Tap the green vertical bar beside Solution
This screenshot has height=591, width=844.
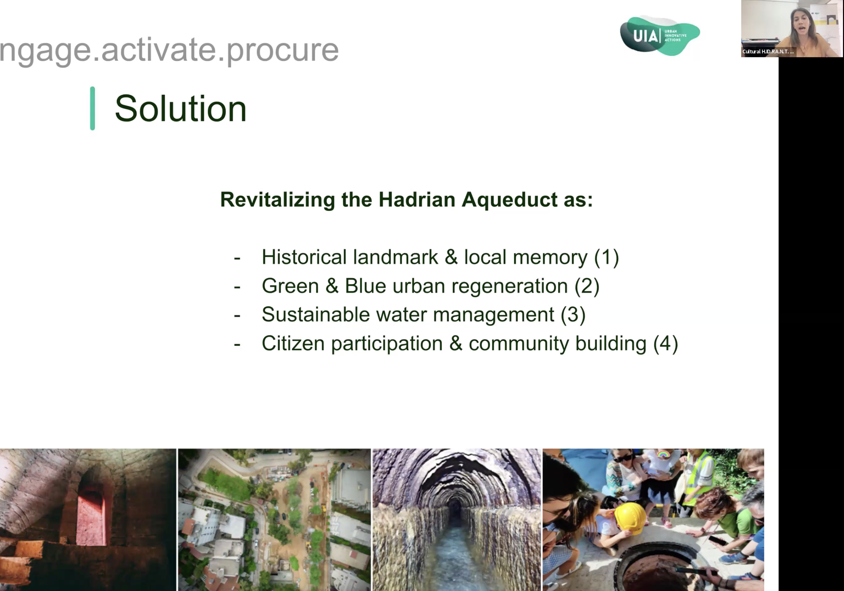click(93, 108)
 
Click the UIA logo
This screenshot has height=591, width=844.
click(660, 36)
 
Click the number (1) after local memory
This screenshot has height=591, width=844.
click(607, 257)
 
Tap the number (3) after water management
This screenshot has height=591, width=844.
click(573, 315)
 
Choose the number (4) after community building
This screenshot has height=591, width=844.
click(666, 344)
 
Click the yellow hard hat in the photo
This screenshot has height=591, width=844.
click(631, 519)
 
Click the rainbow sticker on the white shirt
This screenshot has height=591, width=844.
click(663, 455)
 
